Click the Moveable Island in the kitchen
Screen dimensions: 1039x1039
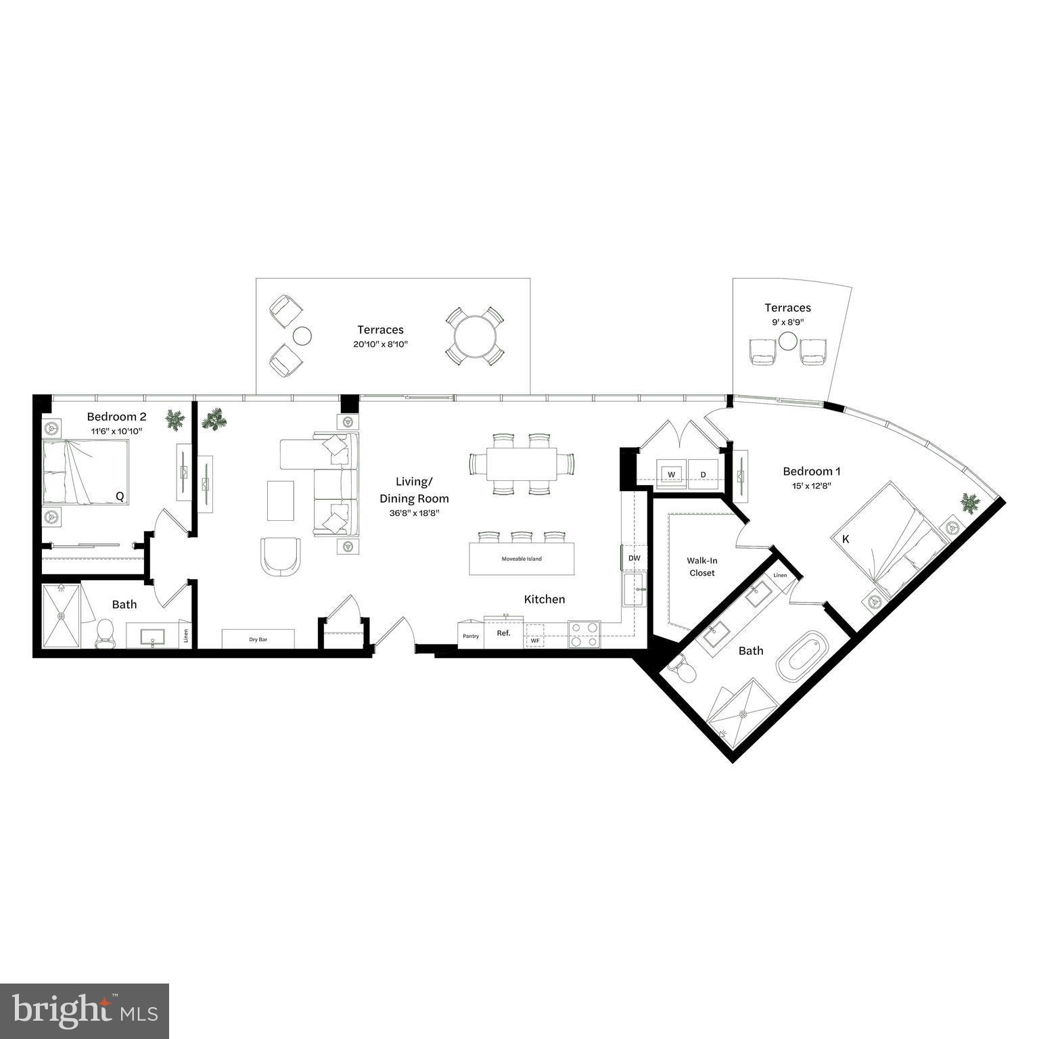tap(522, 559)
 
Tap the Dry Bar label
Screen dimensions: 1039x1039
tap(258, 639)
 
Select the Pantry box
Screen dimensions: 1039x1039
tap(471, 636)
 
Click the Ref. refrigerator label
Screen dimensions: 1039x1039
tap(503, 633)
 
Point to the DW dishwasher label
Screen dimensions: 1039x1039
tap(634, 558)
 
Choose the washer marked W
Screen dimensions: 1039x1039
tap(672, 474)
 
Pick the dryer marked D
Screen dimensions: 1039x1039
tap(703, 474)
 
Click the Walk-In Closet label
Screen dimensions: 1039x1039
tap(702, 567)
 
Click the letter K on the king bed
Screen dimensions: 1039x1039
tap(846, 539)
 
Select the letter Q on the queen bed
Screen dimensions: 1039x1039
tap(120, 497)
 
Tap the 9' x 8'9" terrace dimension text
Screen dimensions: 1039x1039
tap(787, 322)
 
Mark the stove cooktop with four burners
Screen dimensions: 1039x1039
tap(584, 634)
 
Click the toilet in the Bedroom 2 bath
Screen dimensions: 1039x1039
tap(105, 632)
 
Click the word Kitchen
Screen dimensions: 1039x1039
tap(544, 599)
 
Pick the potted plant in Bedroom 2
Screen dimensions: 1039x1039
tap(175, 421)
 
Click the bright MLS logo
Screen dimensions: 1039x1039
tap(85, 1011)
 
